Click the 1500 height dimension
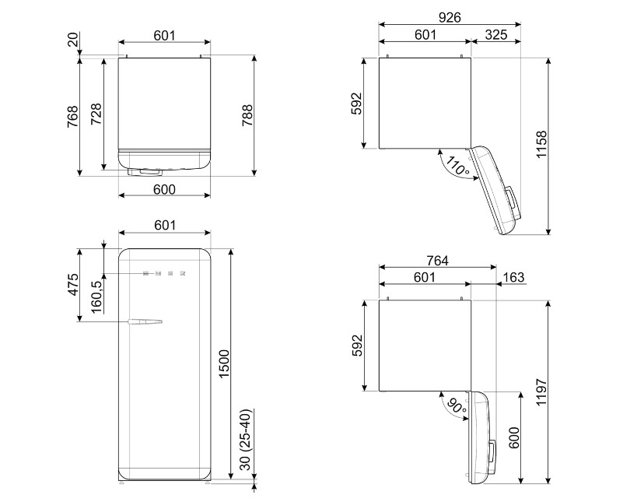[x=225, y=363]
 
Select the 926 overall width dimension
[x=449, y=16]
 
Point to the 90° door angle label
[x=457, y=407]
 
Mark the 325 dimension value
[x=496, y=34]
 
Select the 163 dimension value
[x=513, y=277]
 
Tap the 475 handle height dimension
[x=72, y=286]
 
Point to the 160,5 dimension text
[x=96, y=295]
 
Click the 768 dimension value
[x=72, y=116]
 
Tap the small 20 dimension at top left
[x=72, y=40]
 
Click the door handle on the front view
[x=145, y=320]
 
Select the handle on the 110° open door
[x=517, y=200]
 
